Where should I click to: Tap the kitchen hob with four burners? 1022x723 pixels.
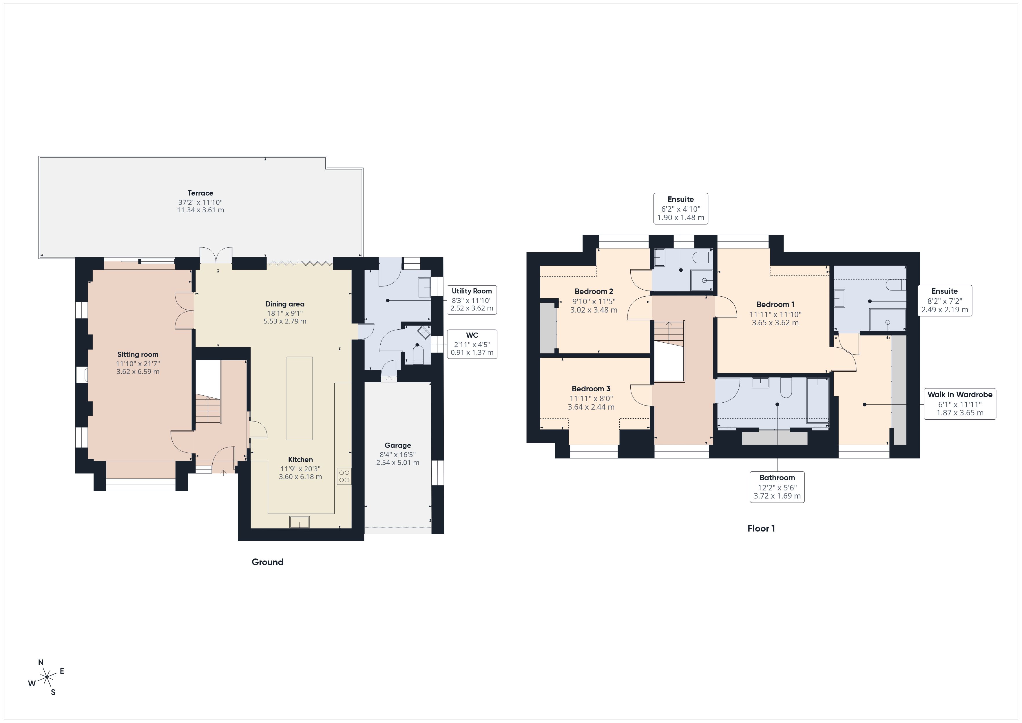(x=344, y=476)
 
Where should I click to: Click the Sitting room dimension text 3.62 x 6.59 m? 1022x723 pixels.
(x=138, y=372)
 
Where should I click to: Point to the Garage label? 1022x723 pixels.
(x=397, y=445)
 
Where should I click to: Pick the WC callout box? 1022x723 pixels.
(x=472, y=344)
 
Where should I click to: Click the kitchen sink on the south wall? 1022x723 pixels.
(x=300, y=522)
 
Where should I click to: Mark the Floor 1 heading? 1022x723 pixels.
(x=761, y=528)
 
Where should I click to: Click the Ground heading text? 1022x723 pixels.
(x=267, y=562)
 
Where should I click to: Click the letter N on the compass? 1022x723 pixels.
(x=41, y=662)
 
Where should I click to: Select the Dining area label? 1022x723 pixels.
(x=284, y=304)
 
